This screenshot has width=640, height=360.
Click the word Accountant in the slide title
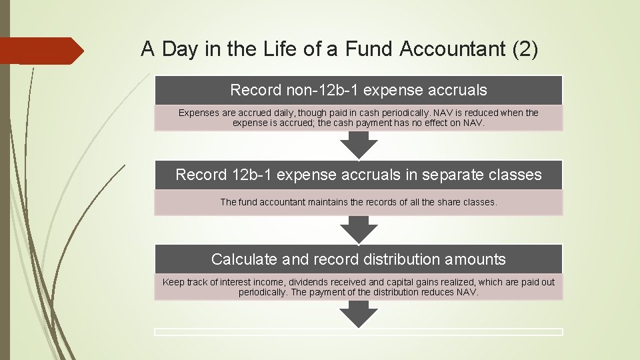437,49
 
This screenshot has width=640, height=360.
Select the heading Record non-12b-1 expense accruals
359,90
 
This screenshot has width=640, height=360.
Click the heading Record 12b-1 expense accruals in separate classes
359,175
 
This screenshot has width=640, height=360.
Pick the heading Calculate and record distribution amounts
359,259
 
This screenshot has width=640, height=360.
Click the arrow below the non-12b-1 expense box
359,145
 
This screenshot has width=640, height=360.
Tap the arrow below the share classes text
359,229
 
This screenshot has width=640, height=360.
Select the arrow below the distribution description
359,313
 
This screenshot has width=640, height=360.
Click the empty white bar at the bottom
359,331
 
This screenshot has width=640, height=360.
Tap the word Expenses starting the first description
198,113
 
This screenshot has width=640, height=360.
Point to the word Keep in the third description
173,282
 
